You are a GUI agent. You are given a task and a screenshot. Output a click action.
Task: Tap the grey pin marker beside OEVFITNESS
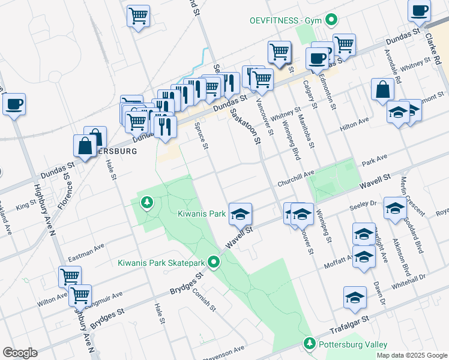332,20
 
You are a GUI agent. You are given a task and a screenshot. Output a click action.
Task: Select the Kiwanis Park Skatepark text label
161,262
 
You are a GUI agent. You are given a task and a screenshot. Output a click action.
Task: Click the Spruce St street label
201,136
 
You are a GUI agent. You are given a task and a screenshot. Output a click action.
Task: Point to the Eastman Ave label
86,252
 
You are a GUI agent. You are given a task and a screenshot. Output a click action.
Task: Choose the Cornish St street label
203,299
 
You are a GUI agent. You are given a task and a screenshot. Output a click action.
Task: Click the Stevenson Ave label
223,349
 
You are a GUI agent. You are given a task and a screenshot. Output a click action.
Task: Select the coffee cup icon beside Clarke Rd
419,10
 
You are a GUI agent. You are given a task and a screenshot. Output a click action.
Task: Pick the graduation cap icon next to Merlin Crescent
395,208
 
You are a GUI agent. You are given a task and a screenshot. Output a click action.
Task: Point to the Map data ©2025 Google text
411,355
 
